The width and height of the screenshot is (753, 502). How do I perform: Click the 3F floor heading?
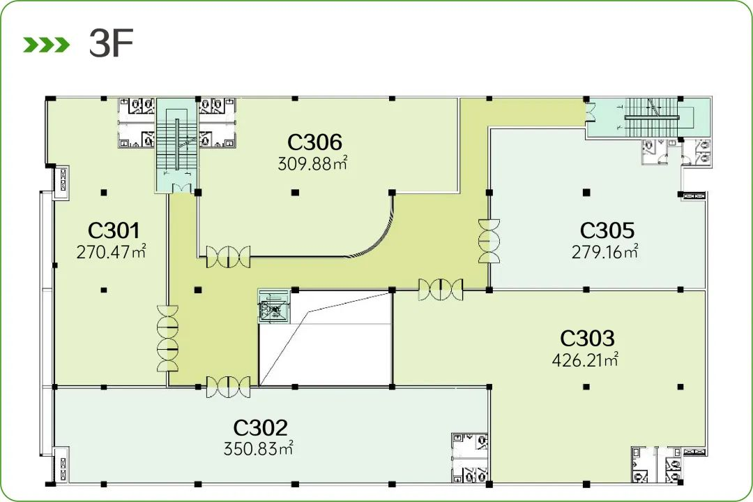click(x=111, y=44)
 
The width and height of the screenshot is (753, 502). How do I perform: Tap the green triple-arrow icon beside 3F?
click(x=47, y=45)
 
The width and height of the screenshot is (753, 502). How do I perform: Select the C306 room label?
click(x=314, y=142)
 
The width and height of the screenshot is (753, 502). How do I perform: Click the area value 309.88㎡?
click(x=312, y=163)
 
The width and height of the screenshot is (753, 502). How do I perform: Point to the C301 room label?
click(x=114, y=230)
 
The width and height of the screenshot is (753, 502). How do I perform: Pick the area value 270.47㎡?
click(x=111, y=251)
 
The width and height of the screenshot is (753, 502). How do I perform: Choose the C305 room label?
click(x=607, y=230)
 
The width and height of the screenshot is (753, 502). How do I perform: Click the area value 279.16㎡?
click(x=605, y=251)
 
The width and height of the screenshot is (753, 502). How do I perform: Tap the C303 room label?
click(x=587, y=338)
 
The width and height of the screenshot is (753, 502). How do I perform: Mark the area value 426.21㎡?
click(x=585, y=360)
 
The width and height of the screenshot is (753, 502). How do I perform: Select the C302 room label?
click(x=260, y=427)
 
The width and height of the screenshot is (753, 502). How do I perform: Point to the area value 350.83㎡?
click(x=259, y=449)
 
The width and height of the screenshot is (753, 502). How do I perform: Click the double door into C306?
click(x=228, y=257)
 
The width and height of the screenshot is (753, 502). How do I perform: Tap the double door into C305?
click(x=489, y=242)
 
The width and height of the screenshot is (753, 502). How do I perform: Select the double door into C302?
click(x=228, y=387)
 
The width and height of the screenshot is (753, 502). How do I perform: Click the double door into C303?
click(x=441, y=290)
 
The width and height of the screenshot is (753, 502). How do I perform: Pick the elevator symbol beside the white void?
click(x=273, y=306)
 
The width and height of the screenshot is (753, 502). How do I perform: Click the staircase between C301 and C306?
click(x=176, y=145)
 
